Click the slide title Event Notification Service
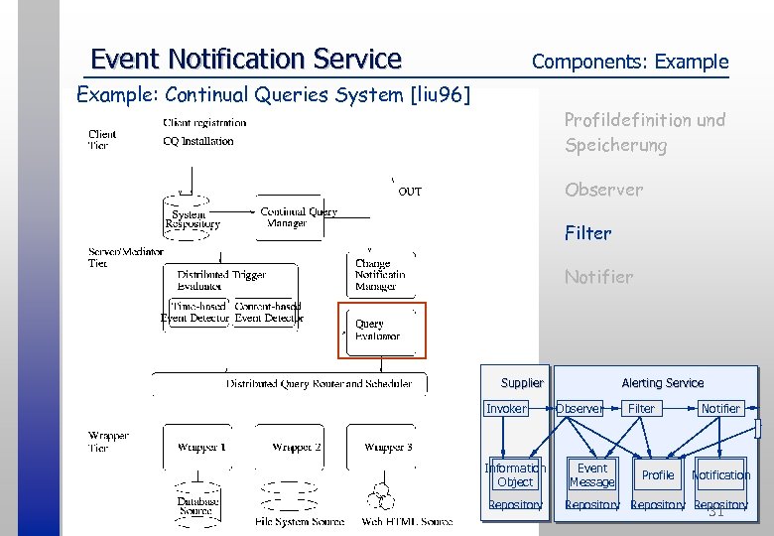point(245,60)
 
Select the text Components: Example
point(629,62)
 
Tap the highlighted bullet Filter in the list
point(587,233)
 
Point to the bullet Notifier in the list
point(598,277)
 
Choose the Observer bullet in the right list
point(603,190)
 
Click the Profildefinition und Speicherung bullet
point(644,132)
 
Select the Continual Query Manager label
point(298,217)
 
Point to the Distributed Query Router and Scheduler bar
point(319,383)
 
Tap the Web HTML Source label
point(408,521)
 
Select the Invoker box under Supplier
point(506,409)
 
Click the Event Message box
point(591,475)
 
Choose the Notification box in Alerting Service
point(720,475)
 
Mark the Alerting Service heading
point(662,383)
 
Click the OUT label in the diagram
point(409,192)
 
